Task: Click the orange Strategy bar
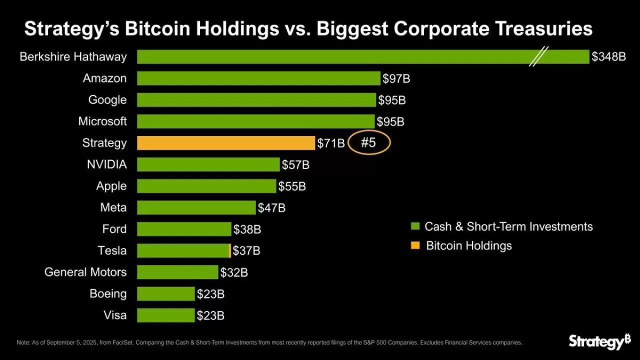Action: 225,143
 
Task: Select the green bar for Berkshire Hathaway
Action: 330,57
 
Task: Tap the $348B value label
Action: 608,57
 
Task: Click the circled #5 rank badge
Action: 368,143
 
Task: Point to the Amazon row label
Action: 105,78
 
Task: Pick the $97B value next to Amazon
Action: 396,78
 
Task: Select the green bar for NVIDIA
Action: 208,164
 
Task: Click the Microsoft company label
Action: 102,121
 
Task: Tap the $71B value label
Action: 331,143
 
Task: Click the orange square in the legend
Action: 414,246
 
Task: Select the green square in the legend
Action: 414,227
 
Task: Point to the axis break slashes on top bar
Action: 539,56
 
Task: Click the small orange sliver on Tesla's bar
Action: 230,250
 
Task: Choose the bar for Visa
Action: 165,315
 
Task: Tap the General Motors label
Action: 85,272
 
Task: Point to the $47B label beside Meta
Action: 271,207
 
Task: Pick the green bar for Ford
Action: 184,229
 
